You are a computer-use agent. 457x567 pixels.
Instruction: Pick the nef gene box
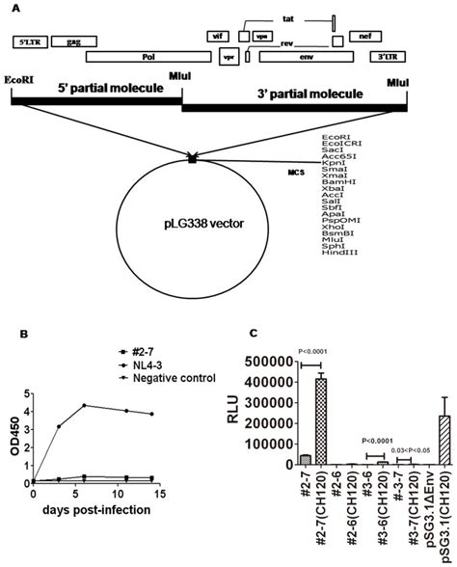[363, 36]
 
